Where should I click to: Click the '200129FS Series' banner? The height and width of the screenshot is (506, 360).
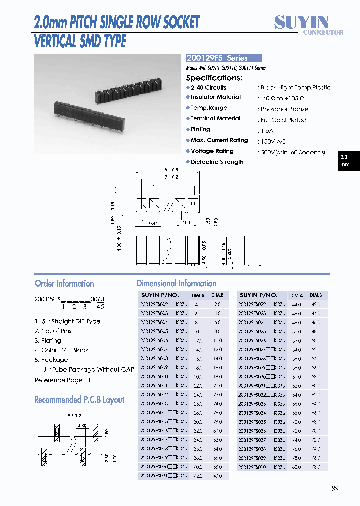click(223, 58)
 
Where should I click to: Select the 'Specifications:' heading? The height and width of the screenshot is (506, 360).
click(214, 78)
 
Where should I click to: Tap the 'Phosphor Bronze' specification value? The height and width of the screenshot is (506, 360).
click(284, 109)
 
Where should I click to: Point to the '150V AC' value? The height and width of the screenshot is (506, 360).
click(273, 142)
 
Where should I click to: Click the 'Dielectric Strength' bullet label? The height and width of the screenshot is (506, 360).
click(217, 162)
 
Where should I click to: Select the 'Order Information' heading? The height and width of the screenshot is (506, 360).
click(64, 284)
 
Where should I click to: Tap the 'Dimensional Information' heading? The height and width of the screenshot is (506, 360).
click(176, 284)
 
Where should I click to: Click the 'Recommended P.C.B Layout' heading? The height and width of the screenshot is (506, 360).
click(79, 400)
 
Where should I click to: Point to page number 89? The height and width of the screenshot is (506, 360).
click(335, 488)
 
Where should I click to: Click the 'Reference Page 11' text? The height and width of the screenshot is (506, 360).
click(63, 380)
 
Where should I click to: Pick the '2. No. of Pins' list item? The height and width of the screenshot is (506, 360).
click(53, 331)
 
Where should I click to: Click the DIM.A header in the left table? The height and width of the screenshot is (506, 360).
click(198, 295)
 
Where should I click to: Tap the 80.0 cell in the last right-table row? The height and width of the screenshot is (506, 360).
click(296, 467)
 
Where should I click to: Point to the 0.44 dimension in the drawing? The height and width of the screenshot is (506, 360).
click(154, 223)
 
